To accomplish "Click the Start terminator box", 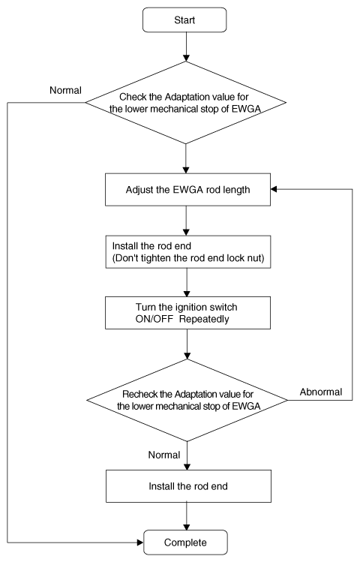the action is point(184,20).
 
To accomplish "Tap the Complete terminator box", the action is point(185,542).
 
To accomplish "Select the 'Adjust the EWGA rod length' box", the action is point(187,190).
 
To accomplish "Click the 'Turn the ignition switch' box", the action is point(187,313).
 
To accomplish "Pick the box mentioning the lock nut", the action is point(188,252).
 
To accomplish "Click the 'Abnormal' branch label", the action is point(321,392).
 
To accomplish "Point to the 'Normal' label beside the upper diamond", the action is point(65,90).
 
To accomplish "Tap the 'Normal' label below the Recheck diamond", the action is point(164,455).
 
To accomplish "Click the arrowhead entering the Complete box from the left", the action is point(140,542).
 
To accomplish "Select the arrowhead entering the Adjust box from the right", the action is point(274,189).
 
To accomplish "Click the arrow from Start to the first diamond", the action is point(186,47).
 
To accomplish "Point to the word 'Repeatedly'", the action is point(204,319).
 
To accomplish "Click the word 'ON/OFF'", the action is point(154,319).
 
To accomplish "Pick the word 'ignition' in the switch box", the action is point(190,307).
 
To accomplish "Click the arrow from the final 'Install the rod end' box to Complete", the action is point(186,516).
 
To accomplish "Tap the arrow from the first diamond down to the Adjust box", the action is point(185,159).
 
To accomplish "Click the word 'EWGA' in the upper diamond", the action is point(246,109).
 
